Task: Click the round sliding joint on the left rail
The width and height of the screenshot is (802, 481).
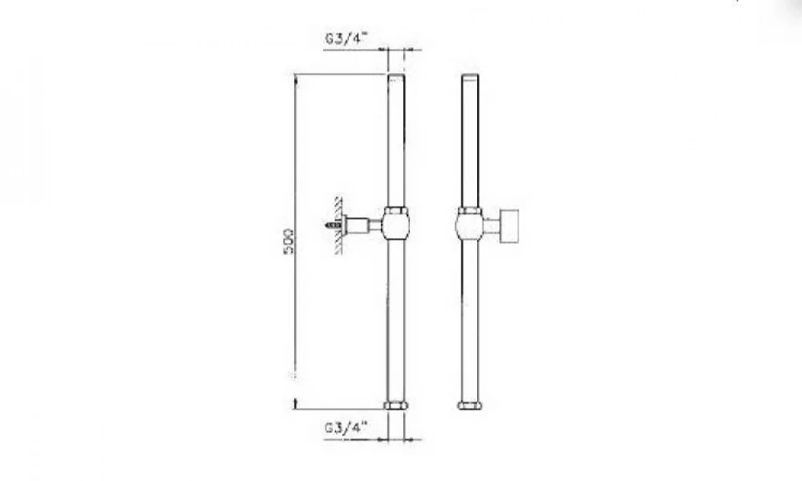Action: click(395, 227)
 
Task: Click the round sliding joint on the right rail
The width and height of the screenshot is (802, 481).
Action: click(469, 227)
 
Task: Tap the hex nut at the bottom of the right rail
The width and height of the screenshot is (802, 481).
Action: click(469, 405)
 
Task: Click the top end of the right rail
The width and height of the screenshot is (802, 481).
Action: click(469, 77)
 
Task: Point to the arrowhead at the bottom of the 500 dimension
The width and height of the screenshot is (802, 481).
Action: click(296, 401)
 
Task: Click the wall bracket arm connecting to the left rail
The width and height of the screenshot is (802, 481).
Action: click(365, 227)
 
